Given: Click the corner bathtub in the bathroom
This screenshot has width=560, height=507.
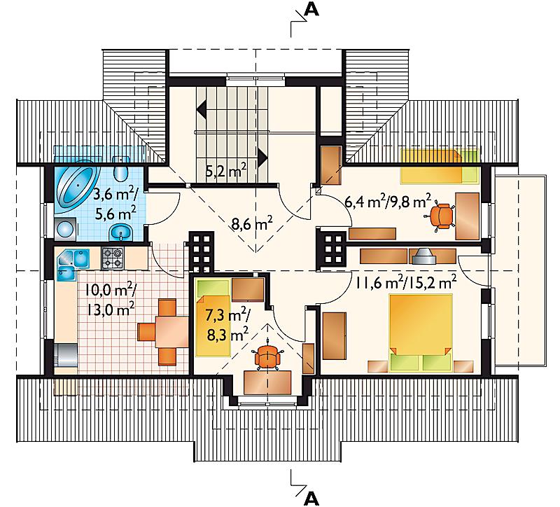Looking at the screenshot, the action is (76, 188).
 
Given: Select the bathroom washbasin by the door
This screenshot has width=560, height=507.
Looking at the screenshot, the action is (121, 233).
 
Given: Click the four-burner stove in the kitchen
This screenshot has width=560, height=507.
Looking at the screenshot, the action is (113, 258).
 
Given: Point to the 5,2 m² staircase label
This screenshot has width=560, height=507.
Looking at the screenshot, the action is (226, 172).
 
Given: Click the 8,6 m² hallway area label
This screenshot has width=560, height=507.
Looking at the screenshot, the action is (252, 224).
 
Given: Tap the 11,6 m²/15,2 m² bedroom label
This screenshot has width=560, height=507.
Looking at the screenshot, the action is (406, 282).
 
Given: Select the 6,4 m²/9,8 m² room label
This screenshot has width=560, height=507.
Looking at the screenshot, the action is (388, 202).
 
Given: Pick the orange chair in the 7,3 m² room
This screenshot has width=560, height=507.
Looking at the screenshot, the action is (267, 356).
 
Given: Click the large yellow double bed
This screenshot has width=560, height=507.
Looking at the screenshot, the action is (421, 333).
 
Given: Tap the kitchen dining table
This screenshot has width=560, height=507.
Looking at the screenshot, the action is (171, 332).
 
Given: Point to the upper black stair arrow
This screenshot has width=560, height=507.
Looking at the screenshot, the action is (201, 109).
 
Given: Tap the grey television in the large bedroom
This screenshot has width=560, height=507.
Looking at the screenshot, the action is (424, 256).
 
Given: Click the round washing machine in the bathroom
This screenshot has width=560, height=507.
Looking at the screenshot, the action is (65, 229).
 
